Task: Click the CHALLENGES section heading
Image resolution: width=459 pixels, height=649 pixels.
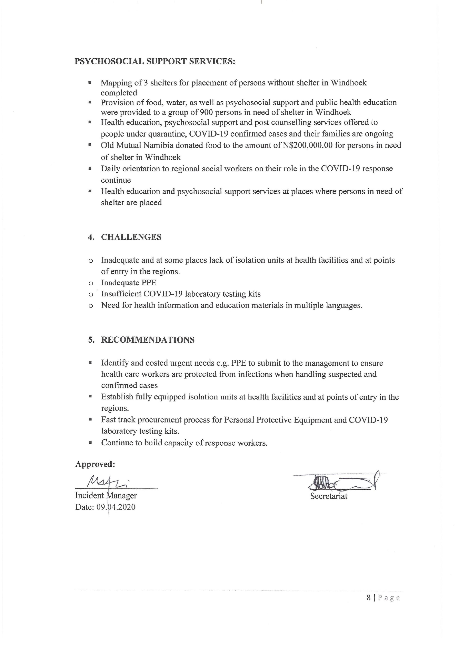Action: coord(131,237)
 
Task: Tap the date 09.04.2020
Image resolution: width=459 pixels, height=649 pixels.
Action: coord(116,507)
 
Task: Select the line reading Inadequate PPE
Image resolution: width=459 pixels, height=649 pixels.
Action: coord(129,283)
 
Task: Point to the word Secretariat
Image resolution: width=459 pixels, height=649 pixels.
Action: coord(329,496)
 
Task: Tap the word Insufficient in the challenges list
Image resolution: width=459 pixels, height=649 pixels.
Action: coord(121,294)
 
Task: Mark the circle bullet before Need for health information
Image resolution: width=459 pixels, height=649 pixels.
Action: coord(90,306)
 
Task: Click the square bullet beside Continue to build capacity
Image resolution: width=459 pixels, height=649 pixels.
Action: coord(90,443)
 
